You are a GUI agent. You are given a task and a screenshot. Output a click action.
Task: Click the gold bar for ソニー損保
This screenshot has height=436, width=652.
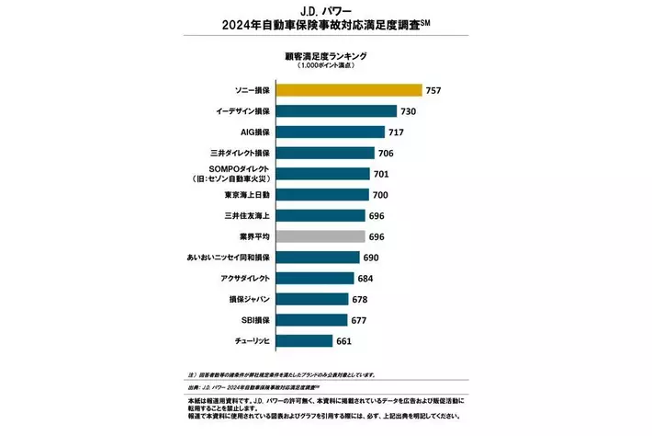click(x=349, y=90)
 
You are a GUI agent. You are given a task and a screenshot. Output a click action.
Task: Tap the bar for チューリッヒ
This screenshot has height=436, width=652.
click(x=304, y=340)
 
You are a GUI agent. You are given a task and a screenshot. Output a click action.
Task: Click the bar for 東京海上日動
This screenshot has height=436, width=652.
click(x=322, y=194)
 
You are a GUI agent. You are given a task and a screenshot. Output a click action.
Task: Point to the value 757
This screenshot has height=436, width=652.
click(x=435, y=90)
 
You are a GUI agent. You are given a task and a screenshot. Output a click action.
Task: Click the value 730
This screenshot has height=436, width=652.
click(x=410, y=111)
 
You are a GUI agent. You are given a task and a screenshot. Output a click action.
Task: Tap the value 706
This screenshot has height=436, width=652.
click(x=388, y=153)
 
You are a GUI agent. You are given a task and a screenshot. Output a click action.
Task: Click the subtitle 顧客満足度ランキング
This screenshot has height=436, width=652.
click(x=326, y=56)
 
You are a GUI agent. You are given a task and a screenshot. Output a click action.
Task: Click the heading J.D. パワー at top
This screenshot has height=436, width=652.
click(x=326, y=11)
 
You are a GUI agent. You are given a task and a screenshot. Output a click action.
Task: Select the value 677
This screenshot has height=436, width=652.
click(x=361, y=319)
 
